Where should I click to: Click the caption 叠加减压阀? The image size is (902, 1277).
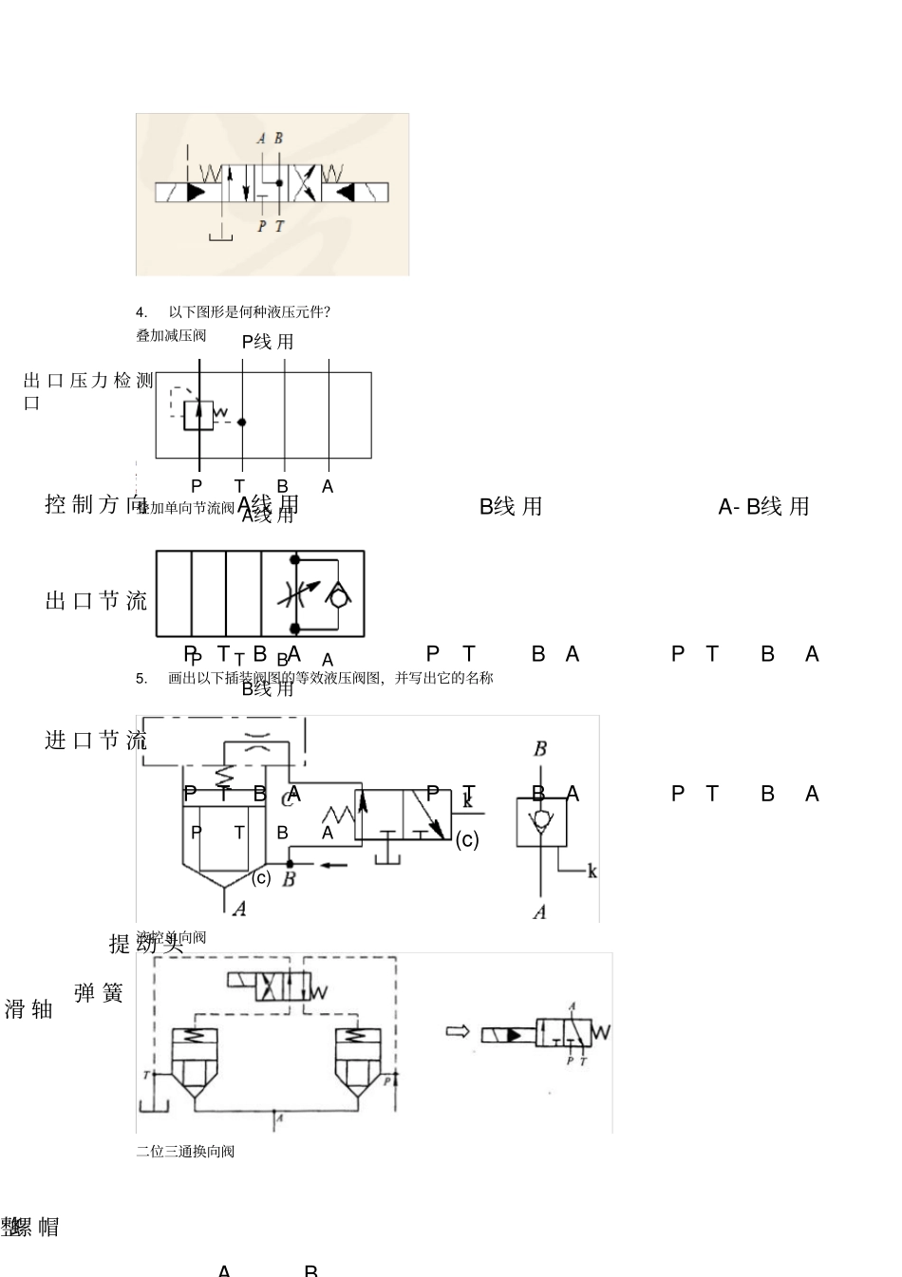[x=171, y=335]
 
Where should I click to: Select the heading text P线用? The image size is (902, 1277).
[x=268, y=342]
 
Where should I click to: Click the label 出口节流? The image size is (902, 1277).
[x=96, y=601]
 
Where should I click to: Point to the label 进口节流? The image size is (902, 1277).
[x=96, y=741]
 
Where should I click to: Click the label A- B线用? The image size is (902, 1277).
[x=763, y=507]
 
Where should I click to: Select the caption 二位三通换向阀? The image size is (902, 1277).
[x=185, y=1152]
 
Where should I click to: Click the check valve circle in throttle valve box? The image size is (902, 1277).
[x=337, y=596]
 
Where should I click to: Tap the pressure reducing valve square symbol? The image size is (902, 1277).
[x=198, y=414]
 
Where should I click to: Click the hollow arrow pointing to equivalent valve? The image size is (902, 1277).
[x=458, y=1031]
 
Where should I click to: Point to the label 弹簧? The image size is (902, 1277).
[x=99, y=994]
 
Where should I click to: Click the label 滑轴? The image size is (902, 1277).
[x=28, y=1009]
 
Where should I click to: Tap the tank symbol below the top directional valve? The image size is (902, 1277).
[x=220, y=234]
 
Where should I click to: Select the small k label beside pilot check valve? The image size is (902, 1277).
[x=592, y=871]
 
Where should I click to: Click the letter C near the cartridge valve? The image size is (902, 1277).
[x=287, y=799]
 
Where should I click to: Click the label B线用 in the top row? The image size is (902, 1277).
[x=511, y=507]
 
